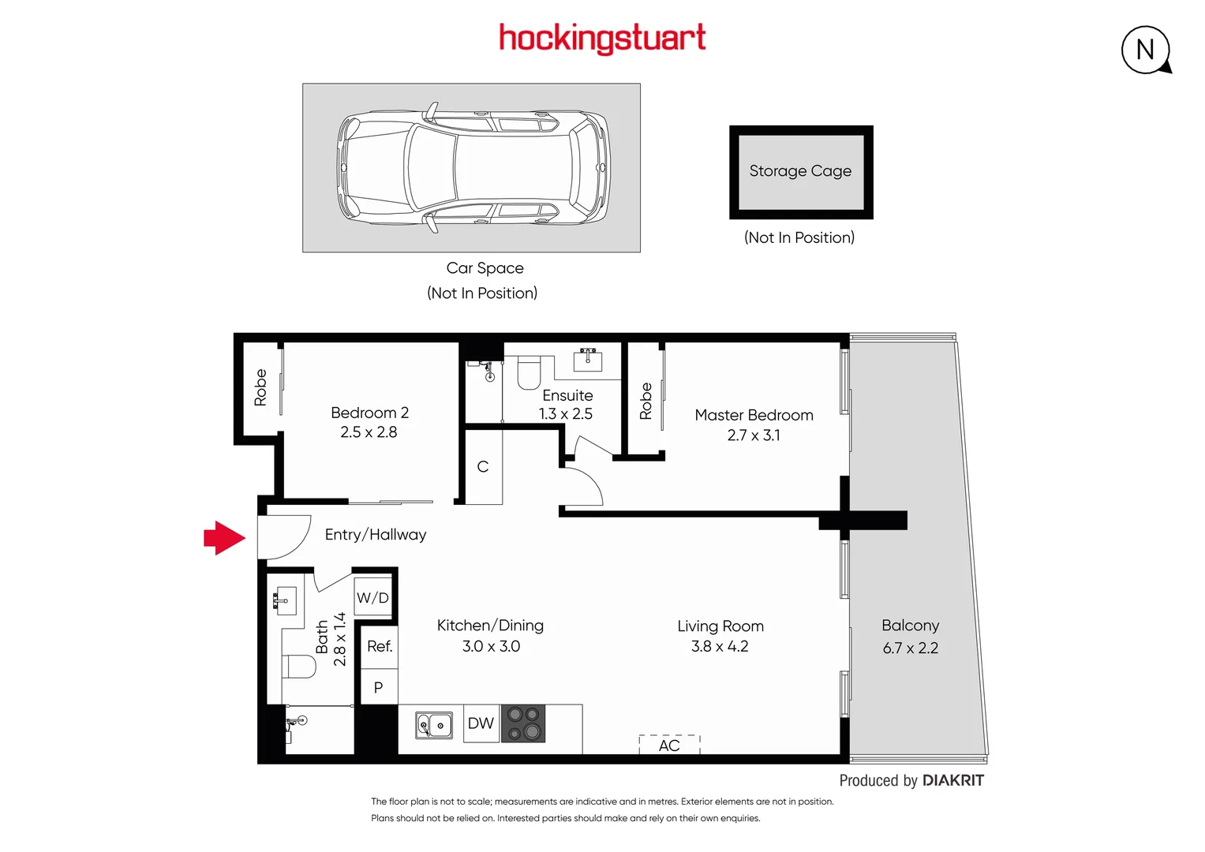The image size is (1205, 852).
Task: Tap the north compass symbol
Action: [1145, 50]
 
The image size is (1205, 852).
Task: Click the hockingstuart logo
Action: [602, 38]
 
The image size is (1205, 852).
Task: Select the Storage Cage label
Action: [800, 171]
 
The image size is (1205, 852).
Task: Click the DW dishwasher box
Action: [481, 723]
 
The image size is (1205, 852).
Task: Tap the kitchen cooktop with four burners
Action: [523, 723]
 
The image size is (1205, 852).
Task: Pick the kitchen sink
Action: [434, 724]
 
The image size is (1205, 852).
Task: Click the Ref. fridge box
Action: [380, 646]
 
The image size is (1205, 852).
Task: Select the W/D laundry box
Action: [372, 597]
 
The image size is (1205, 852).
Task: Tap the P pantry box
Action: [379, 687]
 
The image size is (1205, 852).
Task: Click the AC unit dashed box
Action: [669, 745]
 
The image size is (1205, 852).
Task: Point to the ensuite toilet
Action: [529, 373]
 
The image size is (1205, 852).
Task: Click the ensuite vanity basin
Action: [588, 360]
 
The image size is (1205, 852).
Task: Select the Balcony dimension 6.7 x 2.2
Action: [911, 648]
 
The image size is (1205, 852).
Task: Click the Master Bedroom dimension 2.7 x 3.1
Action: [754, 435]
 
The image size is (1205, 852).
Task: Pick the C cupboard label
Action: [483, 467]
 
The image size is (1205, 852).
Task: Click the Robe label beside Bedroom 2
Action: [260, 387]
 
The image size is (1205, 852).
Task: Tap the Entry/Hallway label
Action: [376, 535]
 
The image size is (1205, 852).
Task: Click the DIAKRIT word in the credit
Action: [953, 780]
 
